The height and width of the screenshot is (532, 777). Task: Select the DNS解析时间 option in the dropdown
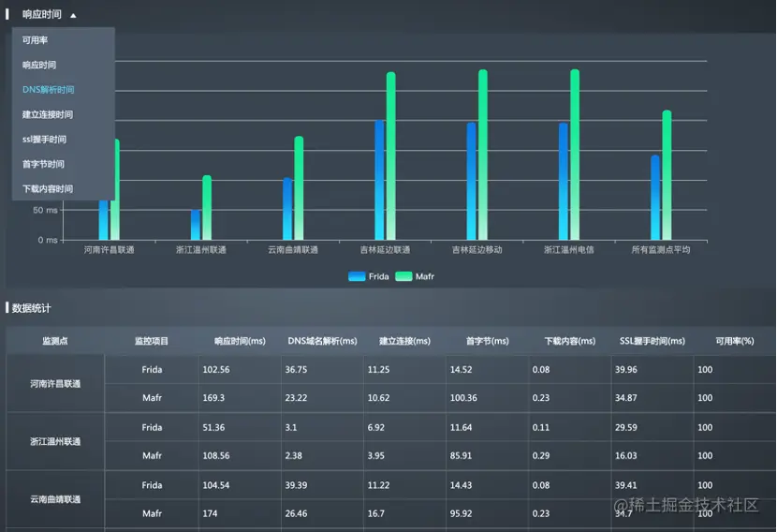coord(49,90)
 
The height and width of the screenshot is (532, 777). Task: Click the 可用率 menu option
coord(36,40)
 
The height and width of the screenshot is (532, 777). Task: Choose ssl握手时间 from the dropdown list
coord(44,140)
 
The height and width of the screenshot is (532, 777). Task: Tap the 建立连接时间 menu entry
coord(48,114)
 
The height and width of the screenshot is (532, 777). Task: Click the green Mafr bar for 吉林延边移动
coord(483,155)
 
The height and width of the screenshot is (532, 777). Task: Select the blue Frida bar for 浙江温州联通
coord(196,225)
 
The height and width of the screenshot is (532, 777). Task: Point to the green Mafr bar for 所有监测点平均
coord(667,175)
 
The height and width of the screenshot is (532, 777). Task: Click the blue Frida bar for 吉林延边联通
coord(379,180)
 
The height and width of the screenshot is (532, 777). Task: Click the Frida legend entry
coord(369,276)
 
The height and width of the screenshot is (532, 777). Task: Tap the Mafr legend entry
coord(415,276)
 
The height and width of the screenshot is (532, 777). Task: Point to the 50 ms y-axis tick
coord(45,210)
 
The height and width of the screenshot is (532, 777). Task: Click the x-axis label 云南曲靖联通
coord(293,250)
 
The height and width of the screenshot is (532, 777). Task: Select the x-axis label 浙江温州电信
coord(569,250)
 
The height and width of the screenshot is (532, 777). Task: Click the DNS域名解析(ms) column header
coord(322,341)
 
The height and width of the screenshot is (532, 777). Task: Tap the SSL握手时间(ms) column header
coord(652,341)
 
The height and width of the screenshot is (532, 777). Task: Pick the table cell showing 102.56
coord(216,370)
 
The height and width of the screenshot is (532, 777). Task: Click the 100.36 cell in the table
coord(463,398)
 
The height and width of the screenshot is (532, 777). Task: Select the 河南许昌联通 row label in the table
coord(55,384)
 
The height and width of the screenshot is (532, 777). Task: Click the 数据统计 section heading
coord(32,307)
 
